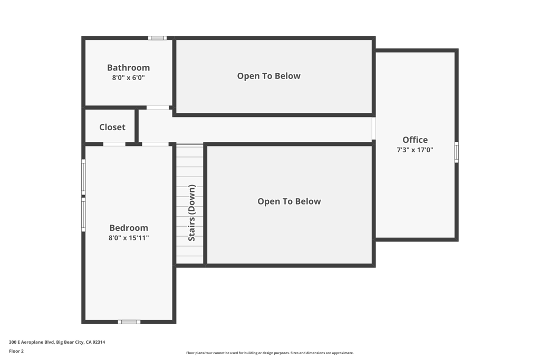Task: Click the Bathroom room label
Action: [129, 67]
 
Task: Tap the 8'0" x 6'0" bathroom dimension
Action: [129, 78]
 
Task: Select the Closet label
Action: [112, 127]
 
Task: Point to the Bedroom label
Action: [129, 228]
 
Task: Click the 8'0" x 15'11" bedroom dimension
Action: [129, 238]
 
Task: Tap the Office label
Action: [415, 140]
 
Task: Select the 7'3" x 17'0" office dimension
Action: [415, 150]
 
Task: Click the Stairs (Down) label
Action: [192, 213]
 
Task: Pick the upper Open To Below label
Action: [268, 76]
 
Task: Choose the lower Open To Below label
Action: [290, 201]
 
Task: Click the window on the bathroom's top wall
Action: [157, 38]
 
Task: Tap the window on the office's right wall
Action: [457, 152]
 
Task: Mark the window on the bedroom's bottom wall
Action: [129, 322]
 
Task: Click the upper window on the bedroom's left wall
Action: [83, 177]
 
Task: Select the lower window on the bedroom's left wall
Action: [83, 214]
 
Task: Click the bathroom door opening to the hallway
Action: [158, 108]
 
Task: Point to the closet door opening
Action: [114, 144]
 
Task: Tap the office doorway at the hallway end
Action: [374, 129]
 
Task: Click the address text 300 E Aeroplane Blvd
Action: [31, 342]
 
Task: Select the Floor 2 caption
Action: [16, 351]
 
